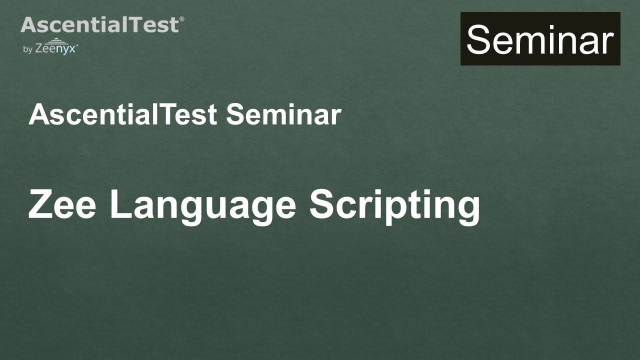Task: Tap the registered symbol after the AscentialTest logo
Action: pos(181,19)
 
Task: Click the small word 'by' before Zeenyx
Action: pos(27,49)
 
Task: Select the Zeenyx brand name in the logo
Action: pos(55,49)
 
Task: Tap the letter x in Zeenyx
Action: pos(73,49)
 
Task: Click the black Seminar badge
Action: pos(540,39)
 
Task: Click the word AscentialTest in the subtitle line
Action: pos(123,114)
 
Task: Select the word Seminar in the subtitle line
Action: pos(283,114)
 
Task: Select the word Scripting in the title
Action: pos(394,205)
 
